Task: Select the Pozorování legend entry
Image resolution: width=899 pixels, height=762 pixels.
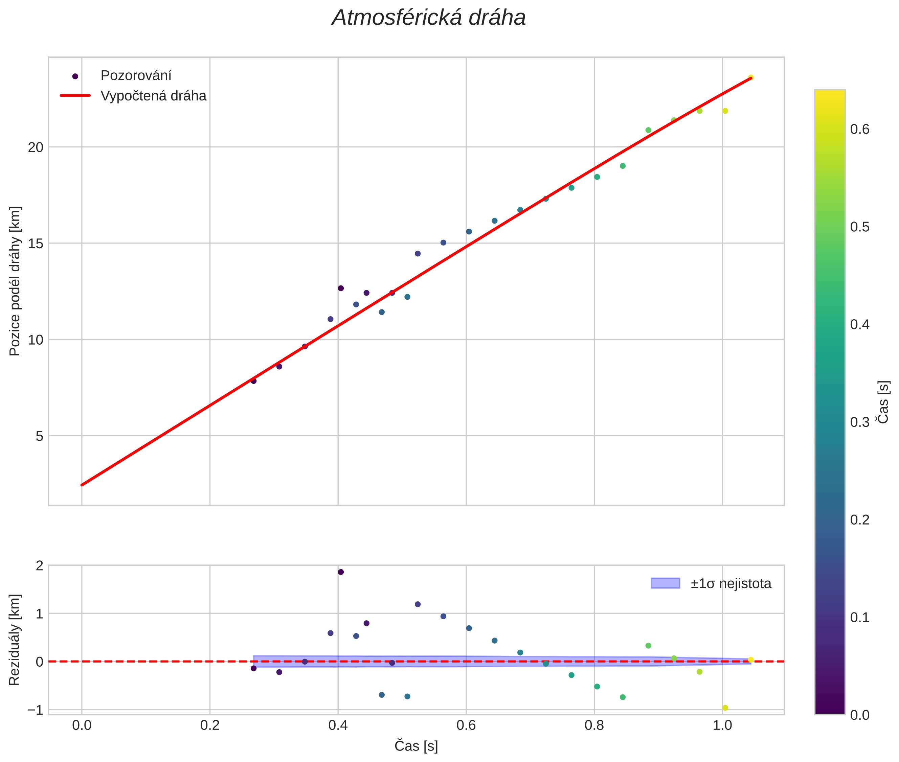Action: [x=136, y=76]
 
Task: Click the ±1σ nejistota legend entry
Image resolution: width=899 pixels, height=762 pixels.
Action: [x=731, y=584]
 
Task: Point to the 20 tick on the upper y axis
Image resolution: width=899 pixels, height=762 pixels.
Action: [x=36, y=147]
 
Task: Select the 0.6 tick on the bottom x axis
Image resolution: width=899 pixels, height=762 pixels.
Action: [x=466, y=725]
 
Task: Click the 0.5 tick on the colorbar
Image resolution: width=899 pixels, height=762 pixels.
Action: [x=860, y=227]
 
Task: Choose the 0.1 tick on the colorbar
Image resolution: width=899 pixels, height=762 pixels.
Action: [x=860, y=618]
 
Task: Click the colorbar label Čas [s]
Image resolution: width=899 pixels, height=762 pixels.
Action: [x=883, y=402]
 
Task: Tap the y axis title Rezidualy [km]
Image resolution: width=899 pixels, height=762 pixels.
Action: [x=15, y=640]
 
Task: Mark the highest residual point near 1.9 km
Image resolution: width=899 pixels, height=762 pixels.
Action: [x=341, y=572]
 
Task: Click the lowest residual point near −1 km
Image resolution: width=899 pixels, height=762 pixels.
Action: [x=725, y=708]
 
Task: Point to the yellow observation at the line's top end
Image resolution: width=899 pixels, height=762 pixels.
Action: [x=750, y=78]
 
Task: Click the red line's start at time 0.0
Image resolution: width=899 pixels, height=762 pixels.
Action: [x=82, y=485]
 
